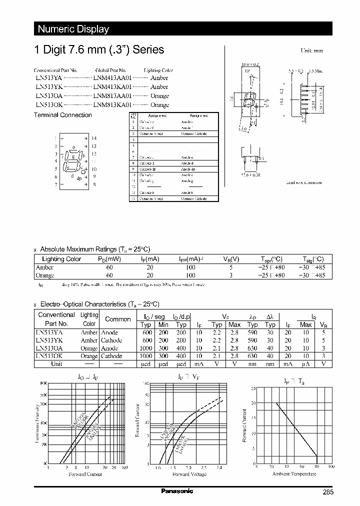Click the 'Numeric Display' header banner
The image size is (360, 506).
tap(73, 29)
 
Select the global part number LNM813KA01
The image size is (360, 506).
tap(112, 105)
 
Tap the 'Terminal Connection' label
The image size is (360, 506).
tap(62, 115)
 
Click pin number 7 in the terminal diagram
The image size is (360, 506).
tap(56, 185)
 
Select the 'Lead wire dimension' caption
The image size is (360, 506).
tap(303, 183)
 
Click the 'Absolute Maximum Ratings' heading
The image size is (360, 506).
tap(94, 249)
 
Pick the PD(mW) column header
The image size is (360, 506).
tap(109, 259)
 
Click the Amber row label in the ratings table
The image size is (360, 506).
tap(44, 267)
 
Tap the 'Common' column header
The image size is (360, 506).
tap(117, 319)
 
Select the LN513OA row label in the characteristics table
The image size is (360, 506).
tap(49, 348)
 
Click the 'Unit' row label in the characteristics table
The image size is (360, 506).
tap(56, 364)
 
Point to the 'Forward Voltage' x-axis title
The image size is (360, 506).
tap(189, 474)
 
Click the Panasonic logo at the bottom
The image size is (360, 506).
tap(177, 491)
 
